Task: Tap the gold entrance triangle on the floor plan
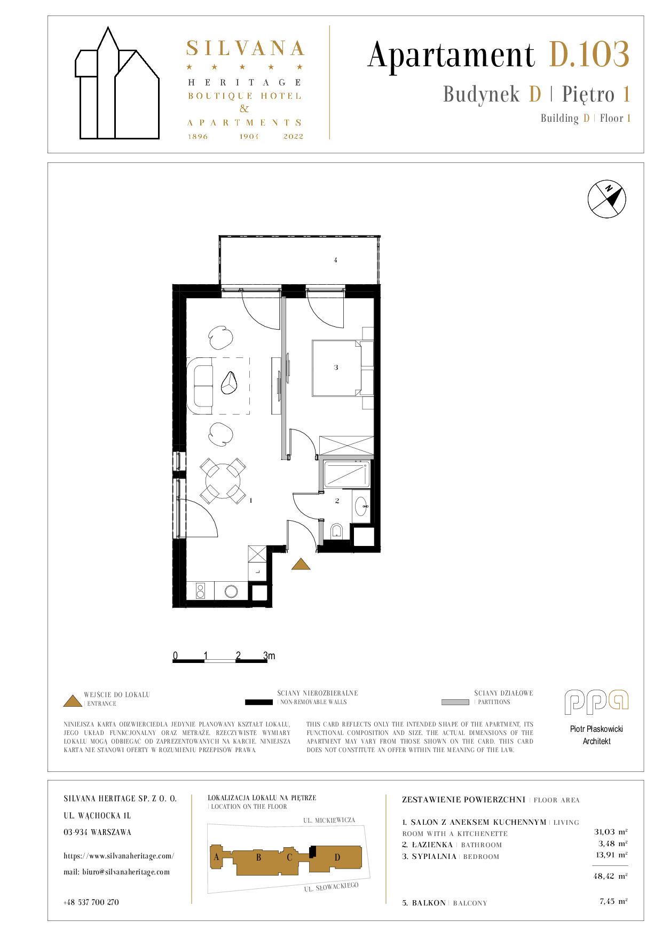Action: (x=301, y=564)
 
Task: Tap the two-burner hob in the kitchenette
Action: (x=201, y=591)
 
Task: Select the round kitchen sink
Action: (x=232, y=591)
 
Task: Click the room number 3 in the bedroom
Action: (x=336, y=368)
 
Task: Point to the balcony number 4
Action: (x=335, y=260)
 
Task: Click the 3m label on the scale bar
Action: (x=269, y=655)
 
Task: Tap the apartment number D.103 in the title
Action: (x=589, y=54)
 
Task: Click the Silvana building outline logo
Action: (x=117, y=83)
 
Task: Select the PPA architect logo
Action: (x=597, y=702)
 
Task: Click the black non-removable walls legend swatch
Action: (x=259, y=702)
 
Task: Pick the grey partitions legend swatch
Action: (x=456, y=702)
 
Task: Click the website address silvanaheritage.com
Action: (x=119, y=855)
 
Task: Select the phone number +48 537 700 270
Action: (x=91, y=902)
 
